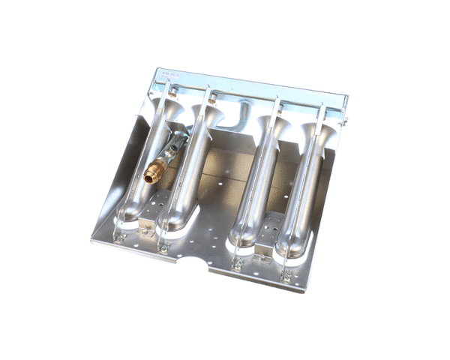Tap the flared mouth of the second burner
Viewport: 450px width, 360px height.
point(209,116)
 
